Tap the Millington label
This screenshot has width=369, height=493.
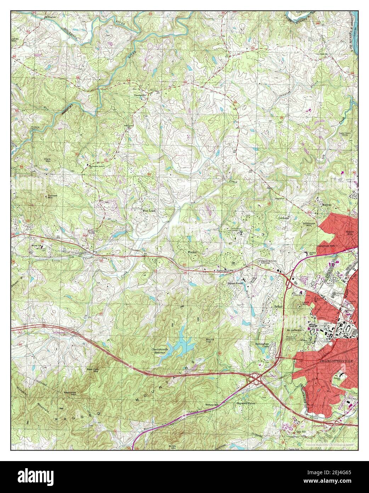click(x=50, y=17)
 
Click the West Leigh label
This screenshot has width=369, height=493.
click(x=149, y=210)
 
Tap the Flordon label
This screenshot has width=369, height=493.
click(x=193, y=252)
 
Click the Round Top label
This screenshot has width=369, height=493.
click(x=210, y=341)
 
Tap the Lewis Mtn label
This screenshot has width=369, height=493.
click(x=306, y=303)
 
